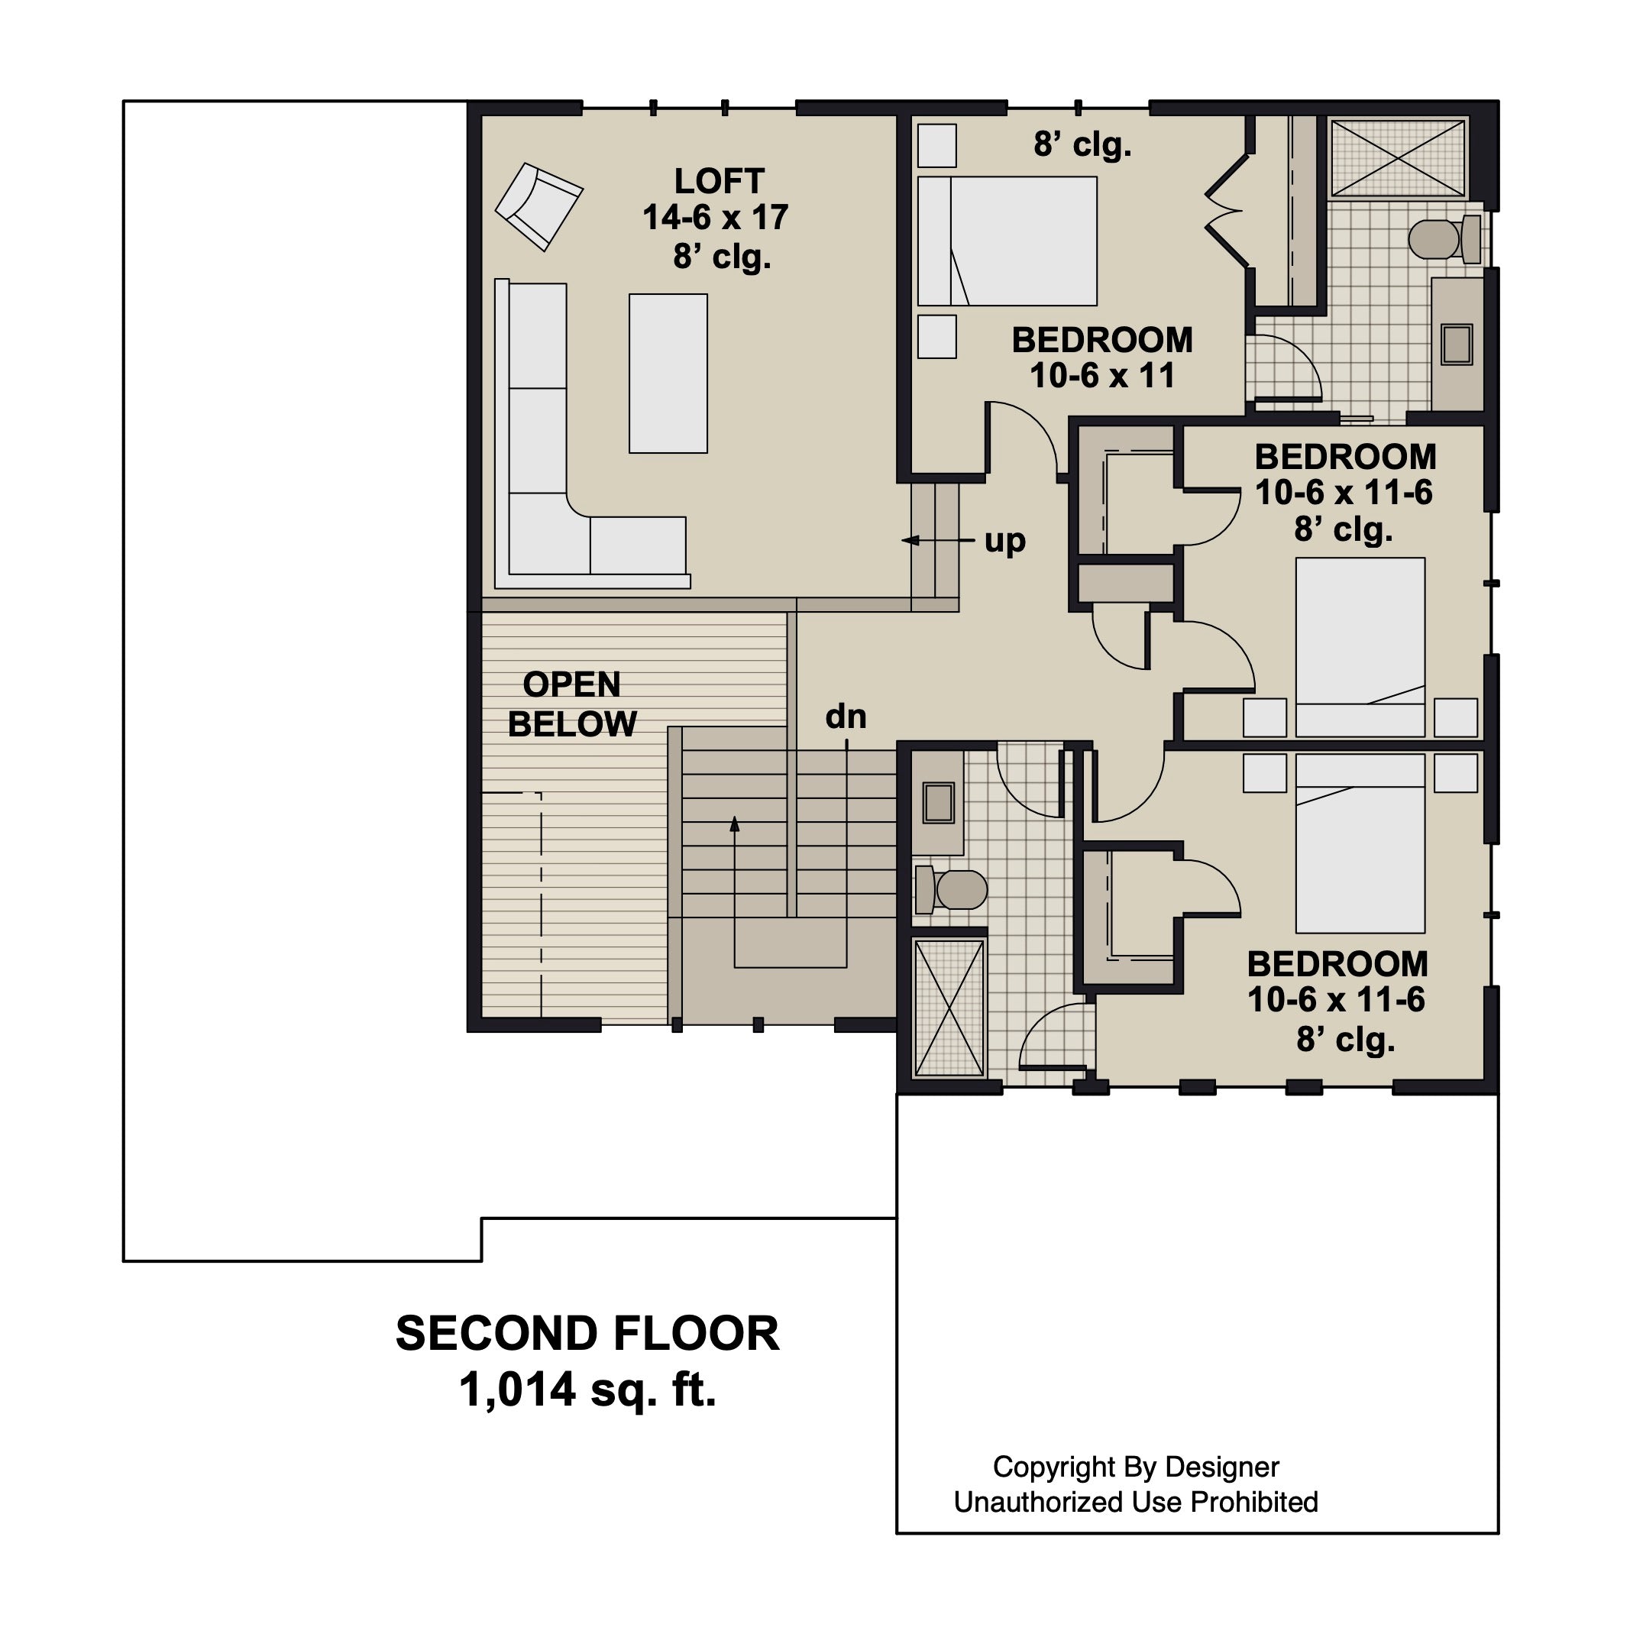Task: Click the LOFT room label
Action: [720, 181]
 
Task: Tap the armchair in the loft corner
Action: [539, 206]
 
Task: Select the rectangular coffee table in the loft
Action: [668, 374]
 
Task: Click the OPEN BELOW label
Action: [572, 704]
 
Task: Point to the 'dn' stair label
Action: [846, 717]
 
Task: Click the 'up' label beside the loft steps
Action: [1004, 542]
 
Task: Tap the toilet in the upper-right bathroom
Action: [1445, 238]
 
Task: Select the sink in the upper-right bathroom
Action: [1457, 344]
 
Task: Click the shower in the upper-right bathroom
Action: [1399, 159]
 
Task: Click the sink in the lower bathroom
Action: [938, 802]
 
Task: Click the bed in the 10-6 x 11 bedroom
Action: [1007, 241]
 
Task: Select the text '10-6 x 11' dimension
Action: [1103, 376]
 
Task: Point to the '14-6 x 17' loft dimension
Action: [716, 218]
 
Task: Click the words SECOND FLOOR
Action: [588, 1333]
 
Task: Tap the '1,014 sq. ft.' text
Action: [588, 1390]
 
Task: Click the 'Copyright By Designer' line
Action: [1136, 1466]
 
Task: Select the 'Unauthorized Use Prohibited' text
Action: [1136, 1501]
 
